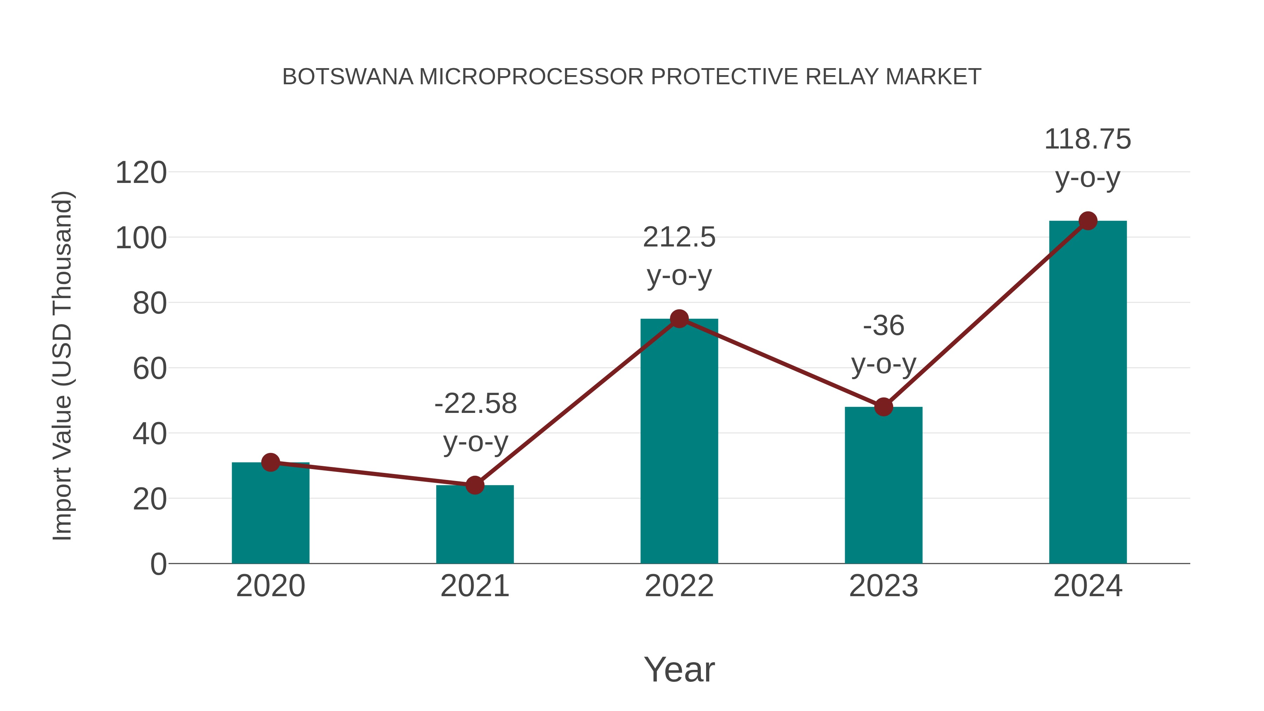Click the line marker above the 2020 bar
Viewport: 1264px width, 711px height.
click(270, 462)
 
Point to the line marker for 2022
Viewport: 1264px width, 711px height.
click(679, 319)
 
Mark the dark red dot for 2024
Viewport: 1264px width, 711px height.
click(1088, 221)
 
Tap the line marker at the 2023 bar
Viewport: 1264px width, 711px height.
click(883, 407)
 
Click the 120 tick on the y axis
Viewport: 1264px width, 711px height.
click(141, 173)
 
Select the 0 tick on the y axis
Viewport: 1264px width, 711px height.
click(158, 564)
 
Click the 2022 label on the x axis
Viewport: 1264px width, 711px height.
click(679, 586)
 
